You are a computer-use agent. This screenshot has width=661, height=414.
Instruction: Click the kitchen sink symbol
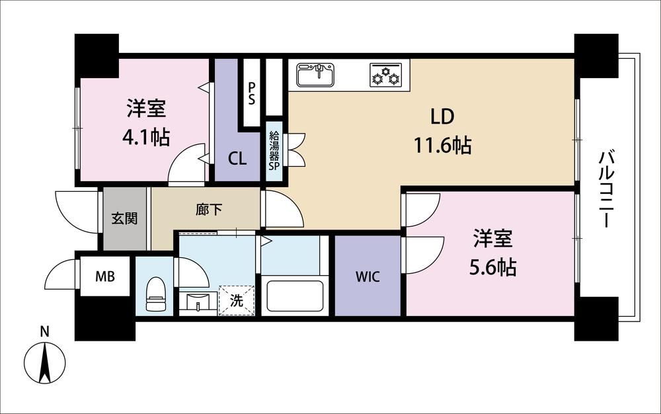315,75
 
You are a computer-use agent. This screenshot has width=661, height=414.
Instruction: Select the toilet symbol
155,294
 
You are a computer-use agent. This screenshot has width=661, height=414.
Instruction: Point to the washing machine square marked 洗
237,301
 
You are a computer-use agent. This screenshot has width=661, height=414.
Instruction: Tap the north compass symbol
44,358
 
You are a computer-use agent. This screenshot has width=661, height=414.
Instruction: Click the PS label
251,94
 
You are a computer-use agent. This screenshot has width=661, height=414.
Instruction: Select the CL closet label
237,159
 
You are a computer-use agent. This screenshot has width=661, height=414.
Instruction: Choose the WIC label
368,277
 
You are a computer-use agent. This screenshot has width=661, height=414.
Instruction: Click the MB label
105,276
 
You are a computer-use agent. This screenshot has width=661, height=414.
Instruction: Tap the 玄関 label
124,218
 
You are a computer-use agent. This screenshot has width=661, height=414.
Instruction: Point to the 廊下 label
209,210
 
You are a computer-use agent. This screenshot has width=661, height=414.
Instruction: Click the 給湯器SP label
274,151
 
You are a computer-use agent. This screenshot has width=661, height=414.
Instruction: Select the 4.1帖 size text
146,137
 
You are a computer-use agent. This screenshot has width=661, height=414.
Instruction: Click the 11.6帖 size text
442,145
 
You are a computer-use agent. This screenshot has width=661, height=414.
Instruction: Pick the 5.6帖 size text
493,267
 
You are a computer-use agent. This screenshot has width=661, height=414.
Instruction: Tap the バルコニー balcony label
605,189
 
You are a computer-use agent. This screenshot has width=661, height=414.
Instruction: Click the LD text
442,116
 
